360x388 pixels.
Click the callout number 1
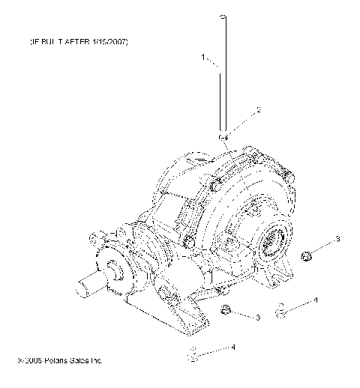[x=202, y=56]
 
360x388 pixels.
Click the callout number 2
[x=258, y=109]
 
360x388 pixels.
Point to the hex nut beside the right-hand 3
[x=305, y=256]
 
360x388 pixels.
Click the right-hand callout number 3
[x=337, y=238]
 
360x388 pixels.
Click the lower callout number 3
[x=257, y=318]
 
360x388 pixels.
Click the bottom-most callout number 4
[x=233, y=347]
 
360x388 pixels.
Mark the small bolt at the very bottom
[x=193, y=355]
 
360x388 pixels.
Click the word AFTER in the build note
[x=72, y=43]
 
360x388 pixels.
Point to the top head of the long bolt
[x=223, y=16]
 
